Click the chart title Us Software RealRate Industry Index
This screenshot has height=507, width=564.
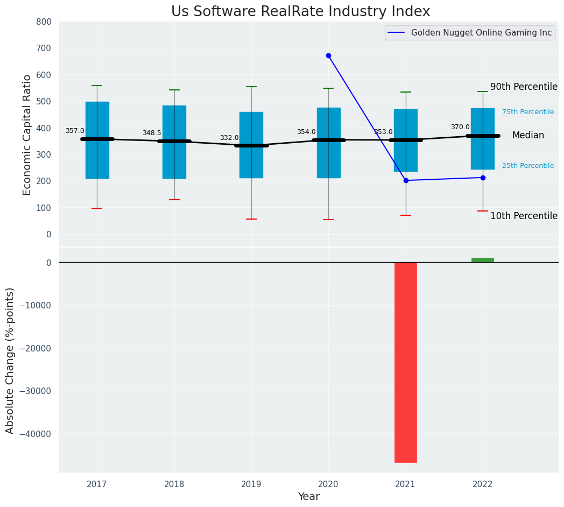coord(300,11)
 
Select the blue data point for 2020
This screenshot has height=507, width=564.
coord(328,55)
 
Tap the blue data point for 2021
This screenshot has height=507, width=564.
coord(406,180)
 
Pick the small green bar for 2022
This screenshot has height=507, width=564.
coord(483,260)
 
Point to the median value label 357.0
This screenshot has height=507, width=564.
coord(75,131)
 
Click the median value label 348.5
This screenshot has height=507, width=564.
coord(152,133)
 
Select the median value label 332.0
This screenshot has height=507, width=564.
coord(229,138)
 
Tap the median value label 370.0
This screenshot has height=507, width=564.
coord(460,127)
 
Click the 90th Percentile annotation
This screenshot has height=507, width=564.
coord(524,87)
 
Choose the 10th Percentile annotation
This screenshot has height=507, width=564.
coord(524,216)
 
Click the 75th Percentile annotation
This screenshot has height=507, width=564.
coord(528,112)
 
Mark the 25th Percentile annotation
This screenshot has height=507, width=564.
coord(528,166)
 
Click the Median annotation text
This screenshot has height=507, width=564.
coord(528,136)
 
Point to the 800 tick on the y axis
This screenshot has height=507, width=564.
coord(44,22)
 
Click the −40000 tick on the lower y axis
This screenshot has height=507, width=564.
coord(35,434)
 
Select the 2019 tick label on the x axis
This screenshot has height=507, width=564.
coord(251,484)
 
